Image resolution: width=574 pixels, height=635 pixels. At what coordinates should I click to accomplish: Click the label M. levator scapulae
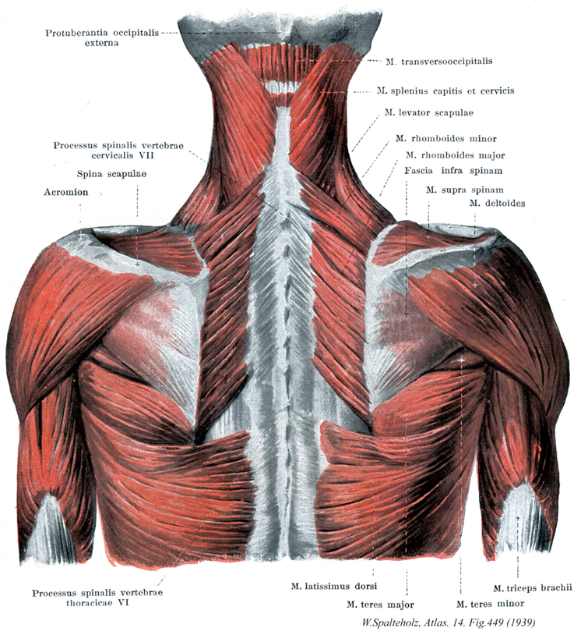tap(428, 112)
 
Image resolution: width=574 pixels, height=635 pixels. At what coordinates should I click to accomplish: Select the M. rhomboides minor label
tap(445, 139)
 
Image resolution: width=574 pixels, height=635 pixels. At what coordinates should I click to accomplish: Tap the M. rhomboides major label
tap(455, 155)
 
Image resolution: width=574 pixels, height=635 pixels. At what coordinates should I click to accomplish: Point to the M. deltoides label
tap(497, 203)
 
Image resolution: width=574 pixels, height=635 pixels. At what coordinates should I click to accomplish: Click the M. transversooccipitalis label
tap(439, 62)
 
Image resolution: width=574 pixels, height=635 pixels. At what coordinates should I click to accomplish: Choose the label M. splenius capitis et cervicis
tap(445, 90)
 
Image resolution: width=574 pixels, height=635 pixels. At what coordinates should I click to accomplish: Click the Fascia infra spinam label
tap(453, 171)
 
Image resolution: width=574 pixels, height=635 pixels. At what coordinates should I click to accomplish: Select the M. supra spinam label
tap(464, 190)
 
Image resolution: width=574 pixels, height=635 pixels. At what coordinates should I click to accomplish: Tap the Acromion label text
tap(66, 192)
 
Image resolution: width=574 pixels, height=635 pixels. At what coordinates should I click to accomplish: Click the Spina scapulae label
tap(111, 174)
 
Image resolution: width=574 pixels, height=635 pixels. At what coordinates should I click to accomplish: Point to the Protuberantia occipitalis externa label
tap(102, 37)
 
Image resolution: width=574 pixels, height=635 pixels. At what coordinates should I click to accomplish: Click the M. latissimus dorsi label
tap(334, 586)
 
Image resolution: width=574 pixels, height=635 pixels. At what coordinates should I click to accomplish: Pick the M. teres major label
tap(380, 605)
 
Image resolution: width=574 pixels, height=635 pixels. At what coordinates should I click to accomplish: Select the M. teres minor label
tap(490, 604)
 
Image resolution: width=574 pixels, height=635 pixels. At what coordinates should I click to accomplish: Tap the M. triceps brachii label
tap(533, 587)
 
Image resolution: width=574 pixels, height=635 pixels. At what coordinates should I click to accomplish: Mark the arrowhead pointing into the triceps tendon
tap(517, 520)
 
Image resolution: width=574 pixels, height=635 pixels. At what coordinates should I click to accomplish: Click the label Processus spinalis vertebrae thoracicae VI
tap(97, 598)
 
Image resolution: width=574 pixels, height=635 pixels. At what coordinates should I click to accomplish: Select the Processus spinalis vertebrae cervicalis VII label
tap(118, 151)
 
